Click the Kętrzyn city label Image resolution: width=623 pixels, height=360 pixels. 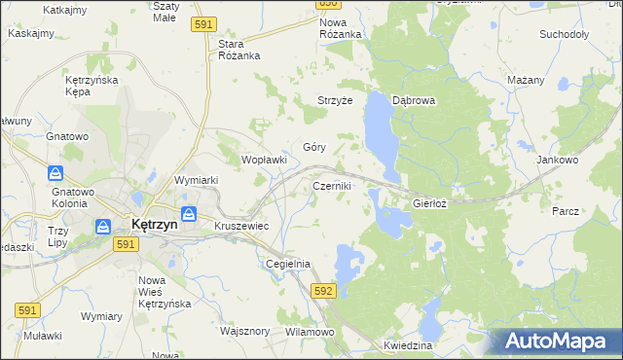click(154, 225)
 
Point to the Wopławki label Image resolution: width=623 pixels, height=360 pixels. click(264, 160)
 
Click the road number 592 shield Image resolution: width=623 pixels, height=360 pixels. click(324, 291)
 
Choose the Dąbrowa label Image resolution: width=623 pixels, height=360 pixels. click(413, 100)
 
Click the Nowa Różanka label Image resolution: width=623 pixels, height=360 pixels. click(340, 28)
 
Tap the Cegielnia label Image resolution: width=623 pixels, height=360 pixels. click(288, 264)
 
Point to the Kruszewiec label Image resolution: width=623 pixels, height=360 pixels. click(241, 226)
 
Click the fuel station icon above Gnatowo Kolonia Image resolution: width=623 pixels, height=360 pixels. click(56, 173)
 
